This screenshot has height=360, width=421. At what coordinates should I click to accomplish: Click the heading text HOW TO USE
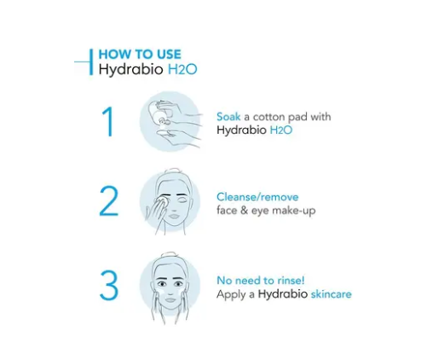tap(140, 54)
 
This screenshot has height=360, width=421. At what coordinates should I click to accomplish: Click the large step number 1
tap(107, 122)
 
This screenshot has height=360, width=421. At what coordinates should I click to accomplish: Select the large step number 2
tap(108, 201)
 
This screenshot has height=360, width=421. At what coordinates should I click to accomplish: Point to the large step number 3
tap(108, 286)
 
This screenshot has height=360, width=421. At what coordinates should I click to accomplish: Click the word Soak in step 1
tap(229, 116)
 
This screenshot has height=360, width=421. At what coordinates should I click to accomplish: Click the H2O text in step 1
tap(283, 131)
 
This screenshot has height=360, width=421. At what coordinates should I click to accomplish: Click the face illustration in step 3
tap(171, 286)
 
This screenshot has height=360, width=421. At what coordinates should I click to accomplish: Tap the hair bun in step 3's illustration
tap(170, 256)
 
